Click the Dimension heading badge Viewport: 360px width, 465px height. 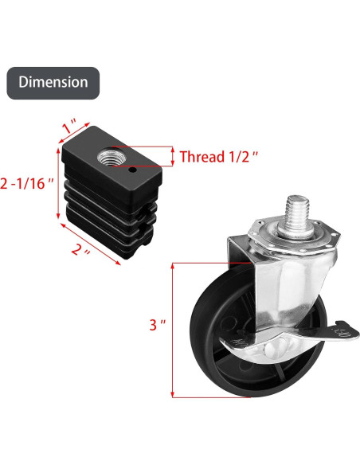point(53,83)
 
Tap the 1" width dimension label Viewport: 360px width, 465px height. point(69,127)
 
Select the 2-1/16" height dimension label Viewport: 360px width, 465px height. point(27,184)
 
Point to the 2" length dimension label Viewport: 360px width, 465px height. point(80,250)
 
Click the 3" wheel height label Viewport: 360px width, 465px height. point(157,325)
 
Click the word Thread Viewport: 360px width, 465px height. point(202,157)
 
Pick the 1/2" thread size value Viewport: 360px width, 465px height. point(244,157)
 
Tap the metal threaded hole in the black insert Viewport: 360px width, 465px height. point(106,158)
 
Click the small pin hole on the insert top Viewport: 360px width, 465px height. point(133,170)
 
